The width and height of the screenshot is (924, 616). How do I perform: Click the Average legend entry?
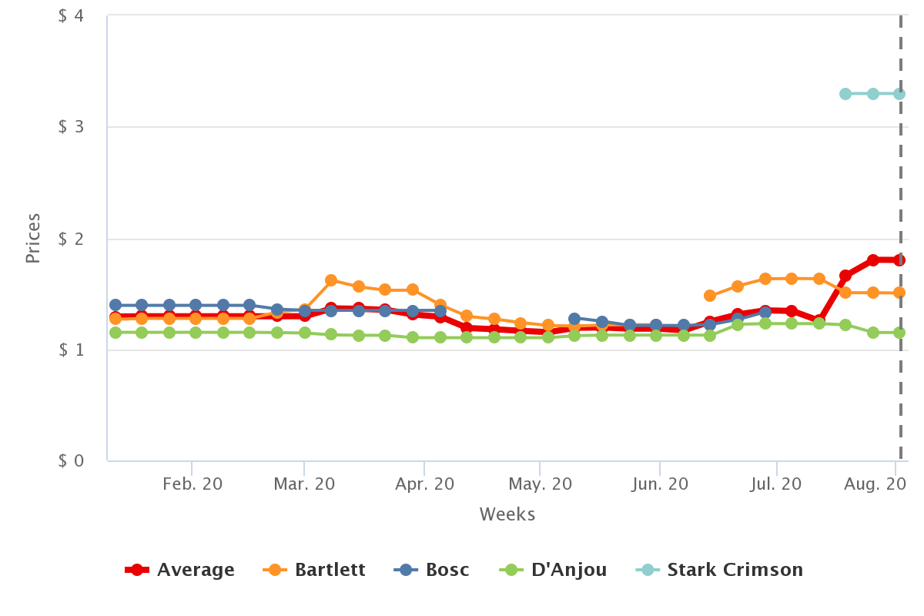[179, 570]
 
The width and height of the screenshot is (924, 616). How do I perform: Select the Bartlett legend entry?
[314, 570]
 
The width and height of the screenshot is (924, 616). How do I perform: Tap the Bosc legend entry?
[431, 570]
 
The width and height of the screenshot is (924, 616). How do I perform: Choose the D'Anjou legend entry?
[553, 570]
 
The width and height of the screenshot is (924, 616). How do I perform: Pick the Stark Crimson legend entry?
[719, 570]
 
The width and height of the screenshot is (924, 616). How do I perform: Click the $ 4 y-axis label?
[71, 15]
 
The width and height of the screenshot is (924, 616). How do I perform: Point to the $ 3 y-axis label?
[71, 127]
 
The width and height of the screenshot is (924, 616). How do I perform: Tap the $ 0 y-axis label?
[71, 460]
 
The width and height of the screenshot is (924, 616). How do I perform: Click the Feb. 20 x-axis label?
[192, 484]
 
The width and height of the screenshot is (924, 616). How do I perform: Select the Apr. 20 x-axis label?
[424, 484]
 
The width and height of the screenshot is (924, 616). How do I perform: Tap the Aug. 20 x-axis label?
[875, 484]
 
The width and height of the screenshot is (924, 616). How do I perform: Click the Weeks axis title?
[507, 514]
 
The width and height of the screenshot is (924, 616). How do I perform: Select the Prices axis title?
[32, 239]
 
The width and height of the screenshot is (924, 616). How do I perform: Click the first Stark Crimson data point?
[845, 94]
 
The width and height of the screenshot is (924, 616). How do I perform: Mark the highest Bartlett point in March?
[331, 280]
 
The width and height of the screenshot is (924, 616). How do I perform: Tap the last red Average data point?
[899, 260]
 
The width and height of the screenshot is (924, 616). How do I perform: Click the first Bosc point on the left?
[115, 305]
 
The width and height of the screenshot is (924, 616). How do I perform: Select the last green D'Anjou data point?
[899, 333]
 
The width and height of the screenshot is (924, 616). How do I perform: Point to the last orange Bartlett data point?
[899, 293]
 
